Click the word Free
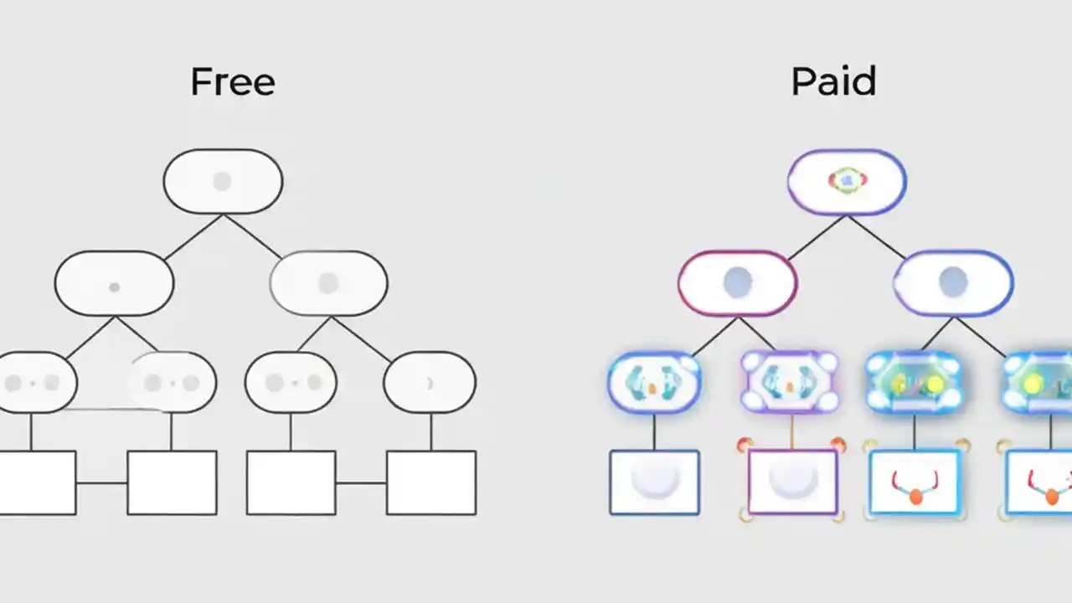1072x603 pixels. click(x=232, y=82)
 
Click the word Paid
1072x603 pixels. click(x=833, y=82)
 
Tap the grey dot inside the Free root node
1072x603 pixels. click(x=222, y=181)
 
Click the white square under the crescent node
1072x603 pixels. click(x=431, y=482)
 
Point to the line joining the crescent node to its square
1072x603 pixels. click(x=431, y=432)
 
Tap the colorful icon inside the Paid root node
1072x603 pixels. click(x=847, y=179)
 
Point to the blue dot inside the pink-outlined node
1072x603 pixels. click(x=737, y=282)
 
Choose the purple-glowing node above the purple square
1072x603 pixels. click(x=789, y=383)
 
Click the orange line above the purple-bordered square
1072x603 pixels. click(x=791, y=432)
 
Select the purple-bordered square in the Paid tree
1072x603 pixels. click(x=792, y=482)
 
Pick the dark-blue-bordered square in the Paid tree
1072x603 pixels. click(x=654, y=482)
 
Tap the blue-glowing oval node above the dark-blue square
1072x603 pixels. click(x=654, y=383)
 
